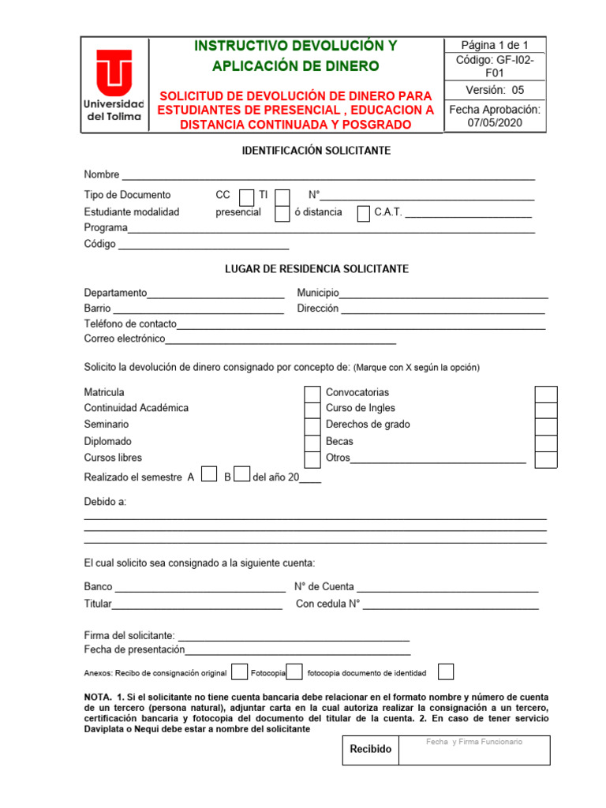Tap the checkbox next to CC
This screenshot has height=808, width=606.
(247, 196)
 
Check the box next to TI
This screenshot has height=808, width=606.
(282, 196)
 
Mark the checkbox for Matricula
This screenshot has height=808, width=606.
(312, 393)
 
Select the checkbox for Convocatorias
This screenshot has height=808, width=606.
(546, 393)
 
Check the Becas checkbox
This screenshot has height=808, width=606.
(546, 443)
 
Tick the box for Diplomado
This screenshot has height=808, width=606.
(312, 443)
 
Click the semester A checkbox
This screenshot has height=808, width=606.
(209, 474)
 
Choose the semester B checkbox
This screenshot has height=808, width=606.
(241, 474)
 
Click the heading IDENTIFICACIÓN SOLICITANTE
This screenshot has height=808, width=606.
(316, 151)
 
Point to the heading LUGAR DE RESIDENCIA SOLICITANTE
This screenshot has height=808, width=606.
(316, 269)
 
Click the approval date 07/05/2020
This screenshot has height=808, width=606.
(495, 124)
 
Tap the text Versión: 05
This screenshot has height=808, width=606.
(495, 90)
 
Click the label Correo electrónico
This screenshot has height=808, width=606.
(125, 339)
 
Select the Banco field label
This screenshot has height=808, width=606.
(98, 587)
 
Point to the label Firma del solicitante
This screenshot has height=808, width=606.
(129, 636)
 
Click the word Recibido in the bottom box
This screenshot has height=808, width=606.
(370, 749)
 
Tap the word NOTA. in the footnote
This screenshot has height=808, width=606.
(99, 698)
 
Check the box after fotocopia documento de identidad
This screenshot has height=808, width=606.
(446, 672)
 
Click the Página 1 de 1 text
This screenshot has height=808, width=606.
(495, 45)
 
